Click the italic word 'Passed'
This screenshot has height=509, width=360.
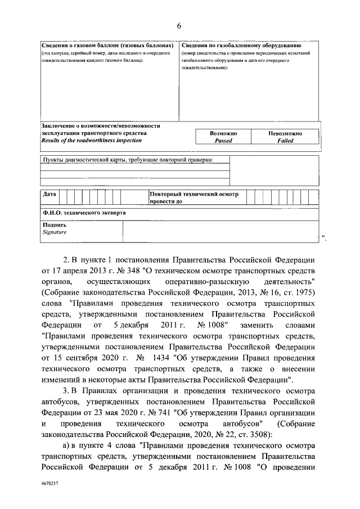(223, 141)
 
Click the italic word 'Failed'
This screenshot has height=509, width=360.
(285, 141)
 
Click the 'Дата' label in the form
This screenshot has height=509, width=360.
(49, 194)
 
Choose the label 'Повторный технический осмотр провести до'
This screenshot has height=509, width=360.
(193, 197)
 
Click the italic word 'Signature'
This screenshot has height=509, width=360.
(55, 232)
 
